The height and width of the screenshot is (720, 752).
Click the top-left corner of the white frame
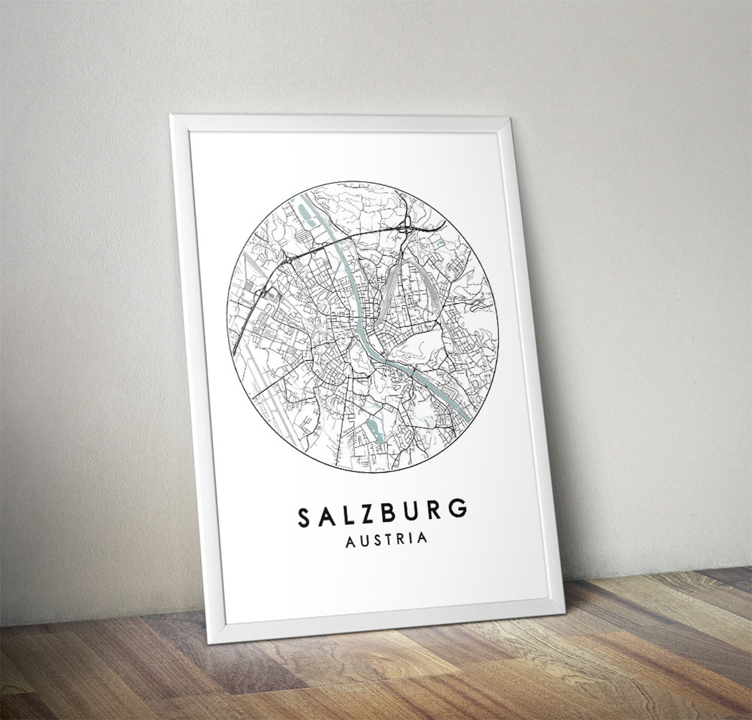pos(171,117)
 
